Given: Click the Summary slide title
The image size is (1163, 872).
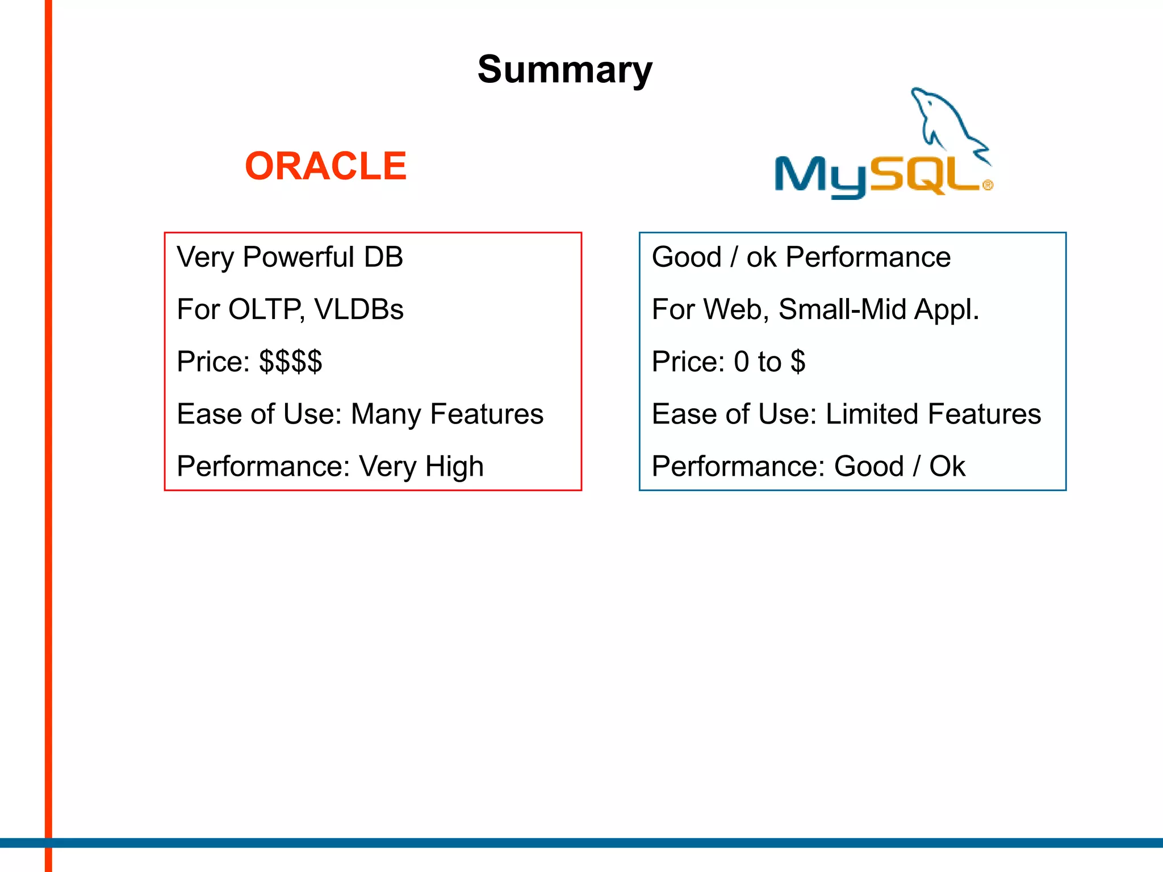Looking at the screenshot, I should (x=564, y=70).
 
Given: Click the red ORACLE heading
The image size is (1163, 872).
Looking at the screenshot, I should (x=325, y=166).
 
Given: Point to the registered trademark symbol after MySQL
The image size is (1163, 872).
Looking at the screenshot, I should (x=988, y=185).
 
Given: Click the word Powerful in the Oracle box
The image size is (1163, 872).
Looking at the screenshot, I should (x=299, y=257).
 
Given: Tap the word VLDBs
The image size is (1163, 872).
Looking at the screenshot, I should (x=358, y=310).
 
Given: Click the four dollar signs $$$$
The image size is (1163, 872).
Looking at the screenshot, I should (x=290, y=362).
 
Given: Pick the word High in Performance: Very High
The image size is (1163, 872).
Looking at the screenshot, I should (x=454, y=467).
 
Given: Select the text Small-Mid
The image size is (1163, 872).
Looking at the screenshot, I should (x=842, y=310).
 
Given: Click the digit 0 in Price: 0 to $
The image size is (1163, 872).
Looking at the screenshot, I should (x=741, y=362).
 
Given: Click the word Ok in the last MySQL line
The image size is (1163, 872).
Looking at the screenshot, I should (x=947, y=467).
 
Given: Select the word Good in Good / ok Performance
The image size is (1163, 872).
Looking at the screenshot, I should (x=687, y=257).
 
